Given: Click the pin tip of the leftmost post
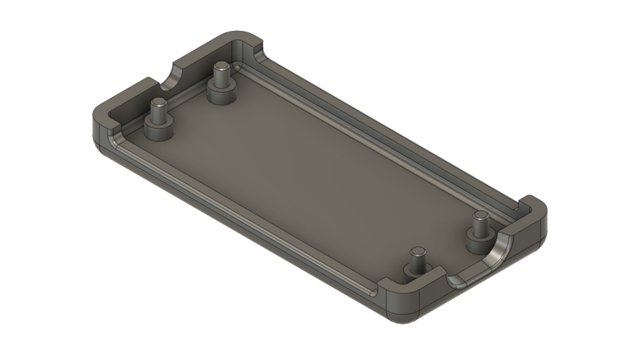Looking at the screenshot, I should [x=158, y=103].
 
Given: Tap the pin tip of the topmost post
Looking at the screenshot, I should [x=222, y=67].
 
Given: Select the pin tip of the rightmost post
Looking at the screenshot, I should [x=480, y=216].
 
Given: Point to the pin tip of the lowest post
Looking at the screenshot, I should [x=416, y=252].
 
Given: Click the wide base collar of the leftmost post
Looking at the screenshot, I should [x=158, y=130].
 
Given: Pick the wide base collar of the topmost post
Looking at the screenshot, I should [x=221, y=93].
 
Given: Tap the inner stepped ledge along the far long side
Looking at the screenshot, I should [x=382, y=130].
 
